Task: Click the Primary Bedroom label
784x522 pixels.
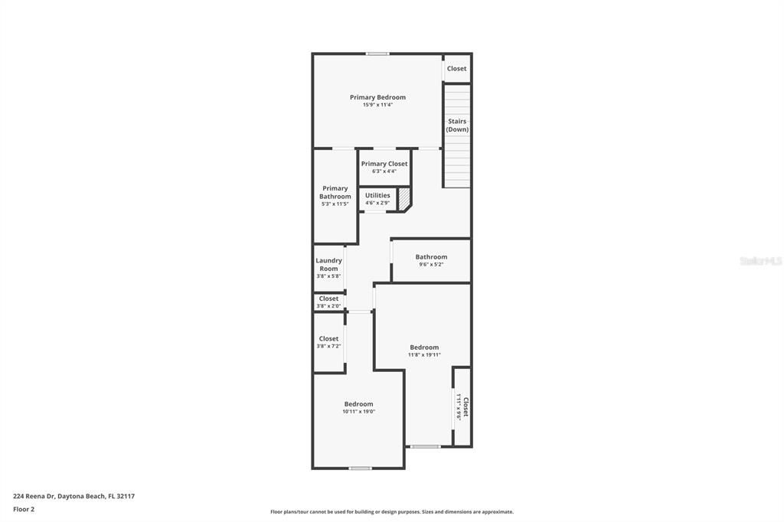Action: [x=377, y=97]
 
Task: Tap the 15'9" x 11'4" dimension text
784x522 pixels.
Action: [x=377, y=105]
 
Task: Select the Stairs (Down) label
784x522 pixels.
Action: [x=457, y=126]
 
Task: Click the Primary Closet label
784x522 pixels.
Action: [x=384, y=164]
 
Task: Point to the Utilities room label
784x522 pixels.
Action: [x=377, y=195]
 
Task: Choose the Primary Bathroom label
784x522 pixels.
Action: [x=335, y=192]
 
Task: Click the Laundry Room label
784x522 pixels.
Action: [x=328, y=264]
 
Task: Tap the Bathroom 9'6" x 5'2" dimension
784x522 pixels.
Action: [x=431, y=265]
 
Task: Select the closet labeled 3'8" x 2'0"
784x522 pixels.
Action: [x=328, y=306]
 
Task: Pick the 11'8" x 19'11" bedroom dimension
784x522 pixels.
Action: [x=424, y=354]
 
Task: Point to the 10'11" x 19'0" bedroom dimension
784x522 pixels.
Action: [x=358, y=412]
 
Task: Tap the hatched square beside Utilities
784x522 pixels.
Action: [x=404, y=198]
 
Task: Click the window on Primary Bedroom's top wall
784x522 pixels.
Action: [x=377, y=54]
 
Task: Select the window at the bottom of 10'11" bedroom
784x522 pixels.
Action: [x=360, y=468]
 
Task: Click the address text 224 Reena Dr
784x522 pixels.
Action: [x=73, y=496]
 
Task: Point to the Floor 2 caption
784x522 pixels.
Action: [x=24, y=509]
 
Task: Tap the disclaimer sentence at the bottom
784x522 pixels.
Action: [x=391, y=512]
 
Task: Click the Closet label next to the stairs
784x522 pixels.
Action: [x=457, y=69]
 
